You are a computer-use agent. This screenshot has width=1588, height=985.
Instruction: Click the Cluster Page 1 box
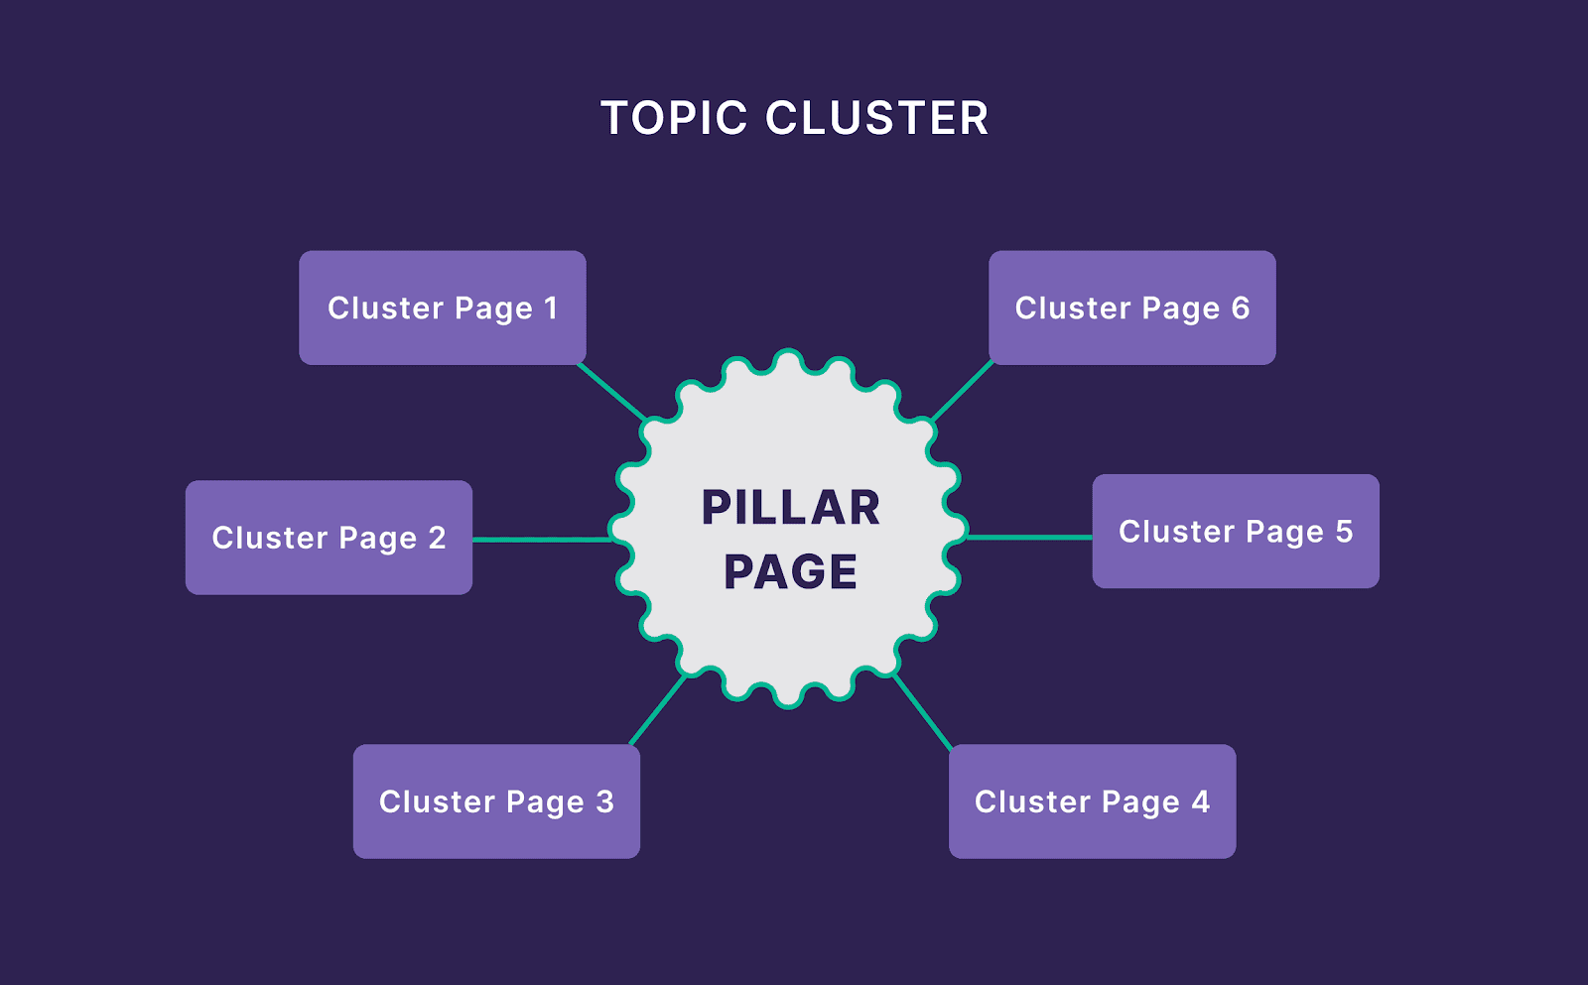tap(442, 308)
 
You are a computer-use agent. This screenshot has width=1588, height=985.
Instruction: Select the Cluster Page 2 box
tap(329, 538)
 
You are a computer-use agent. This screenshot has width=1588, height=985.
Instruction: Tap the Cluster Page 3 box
tap(496, 801)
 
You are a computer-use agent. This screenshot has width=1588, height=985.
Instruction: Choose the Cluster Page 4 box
tap(1092, 801)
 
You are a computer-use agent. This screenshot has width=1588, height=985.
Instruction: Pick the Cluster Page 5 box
tap(1236, 532)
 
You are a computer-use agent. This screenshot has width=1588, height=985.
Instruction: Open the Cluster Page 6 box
tap(1131, 308)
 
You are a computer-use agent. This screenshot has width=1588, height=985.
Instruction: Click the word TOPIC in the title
tap(674, 119)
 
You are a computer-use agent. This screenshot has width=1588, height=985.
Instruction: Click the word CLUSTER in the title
tap(877, 119)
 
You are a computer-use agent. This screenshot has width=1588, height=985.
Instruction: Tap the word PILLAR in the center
tap(791, 508)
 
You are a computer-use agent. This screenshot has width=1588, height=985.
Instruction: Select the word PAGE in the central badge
tap(791, 572)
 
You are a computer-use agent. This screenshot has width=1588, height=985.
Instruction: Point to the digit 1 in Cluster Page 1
tap(551, 308)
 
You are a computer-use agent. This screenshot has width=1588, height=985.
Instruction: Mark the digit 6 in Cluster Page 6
tap(1240, 308)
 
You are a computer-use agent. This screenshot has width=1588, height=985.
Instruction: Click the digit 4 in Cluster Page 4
tap(1200, 800)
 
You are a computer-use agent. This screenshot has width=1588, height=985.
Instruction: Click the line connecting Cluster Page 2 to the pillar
tap(541, 540)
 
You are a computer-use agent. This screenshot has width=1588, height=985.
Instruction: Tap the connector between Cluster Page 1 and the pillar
tap(611, 391)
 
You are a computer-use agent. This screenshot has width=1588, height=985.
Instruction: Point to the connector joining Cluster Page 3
tap(658, 710)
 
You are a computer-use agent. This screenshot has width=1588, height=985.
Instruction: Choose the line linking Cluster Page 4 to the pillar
tap(923, 710)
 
